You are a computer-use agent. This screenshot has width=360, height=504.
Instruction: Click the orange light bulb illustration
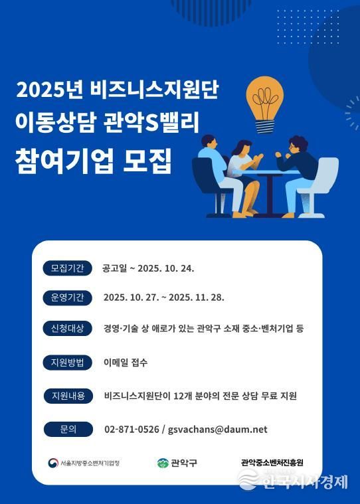[x=270, y=104]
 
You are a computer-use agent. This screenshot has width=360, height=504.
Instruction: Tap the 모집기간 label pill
[x=67, y=268]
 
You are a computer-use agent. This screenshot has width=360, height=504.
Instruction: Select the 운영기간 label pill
[x=67, y=297]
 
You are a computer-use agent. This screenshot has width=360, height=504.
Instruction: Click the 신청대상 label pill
[x=67, y=329]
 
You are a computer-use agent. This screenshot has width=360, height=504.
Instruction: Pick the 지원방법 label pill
[x=67, y=363]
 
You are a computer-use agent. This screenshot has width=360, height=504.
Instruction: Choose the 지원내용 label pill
[x=67, y=396]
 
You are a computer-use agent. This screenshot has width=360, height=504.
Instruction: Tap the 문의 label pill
[x=67, y=429]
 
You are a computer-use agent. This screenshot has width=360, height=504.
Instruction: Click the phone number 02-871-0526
[x=132, y=430]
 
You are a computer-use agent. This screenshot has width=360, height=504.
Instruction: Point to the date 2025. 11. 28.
[x=197, y=297]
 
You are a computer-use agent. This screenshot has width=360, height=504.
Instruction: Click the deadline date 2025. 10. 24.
[x=165, y=268]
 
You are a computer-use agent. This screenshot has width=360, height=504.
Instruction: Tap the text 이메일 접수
[x=126, y=363]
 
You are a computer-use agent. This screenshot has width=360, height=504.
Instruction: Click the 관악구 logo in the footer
[x=177, y=463]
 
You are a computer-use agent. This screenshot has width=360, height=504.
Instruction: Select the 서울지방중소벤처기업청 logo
[x=84, y=463]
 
